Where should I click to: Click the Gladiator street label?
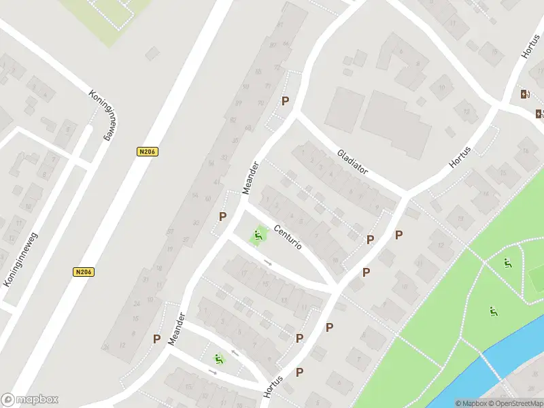(x=352, y=162)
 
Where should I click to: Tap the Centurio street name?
(x=288, y=235)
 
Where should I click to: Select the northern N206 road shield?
(x=147, y=152)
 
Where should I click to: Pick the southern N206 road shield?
(x=83, y=272)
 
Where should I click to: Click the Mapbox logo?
(x=30, y=400)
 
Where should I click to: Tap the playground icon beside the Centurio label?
(x=257, y=237)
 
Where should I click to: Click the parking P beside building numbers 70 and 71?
(x=286, y=101)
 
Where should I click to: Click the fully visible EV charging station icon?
(x=524, y=95)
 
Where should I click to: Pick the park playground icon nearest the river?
(x=493, y=312)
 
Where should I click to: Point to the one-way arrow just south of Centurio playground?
(x=268, y=262)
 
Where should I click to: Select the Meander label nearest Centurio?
(x=250, y=177)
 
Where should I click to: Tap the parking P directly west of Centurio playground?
(x=222, y=217)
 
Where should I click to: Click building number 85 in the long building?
(x=258, y=71)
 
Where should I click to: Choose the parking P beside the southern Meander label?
(x=156, y=339)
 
